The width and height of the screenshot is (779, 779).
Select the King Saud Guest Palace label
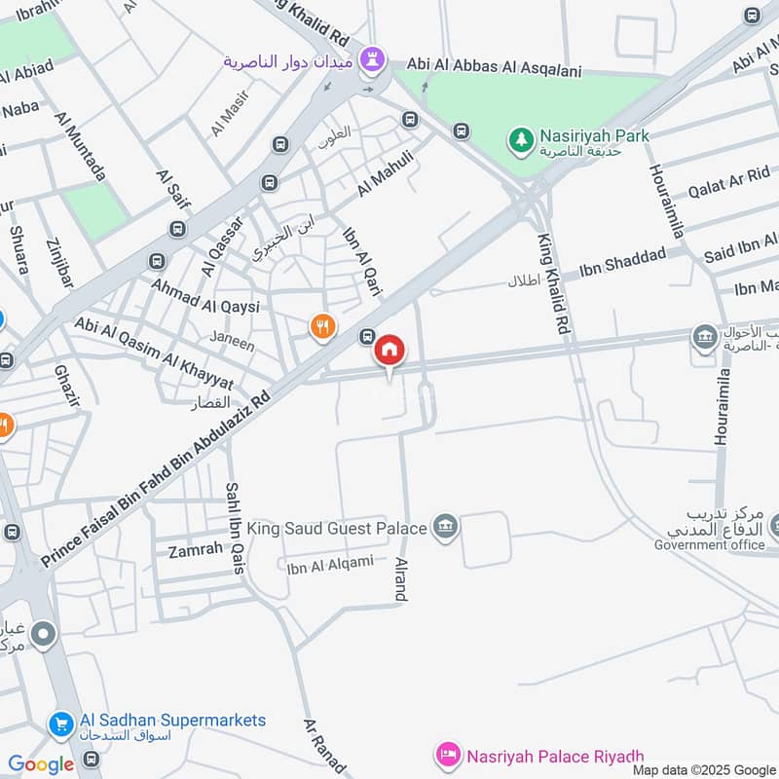pyautogui.click(x=337, y=529)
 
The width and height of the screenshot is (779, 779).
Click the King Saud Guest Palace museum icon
pyautogui.click(x=446, y=528)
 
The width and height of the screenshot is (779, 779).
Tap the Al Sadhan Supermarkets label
pyautogui.click(x=172, y=721)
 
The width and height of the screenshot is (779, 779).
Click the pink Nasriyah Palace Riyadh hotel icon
pyautogui.click(x=448, y=755)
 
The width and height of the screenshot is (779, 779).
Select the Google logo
pyautogui.click(x=40, y=764)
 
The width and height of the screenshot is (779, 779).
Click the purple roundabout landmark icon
pyautogui.click(x=371, y=59)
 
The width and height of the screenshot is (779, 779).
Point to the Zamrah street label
pyautogui.click(x=195, y=550)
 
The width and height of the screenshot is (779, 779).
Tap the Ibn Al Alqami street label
pyautogui.click(x=330, y=562)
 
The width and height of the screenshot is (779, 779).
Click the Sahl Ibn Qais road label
pyautogui.click(x=234, y=527)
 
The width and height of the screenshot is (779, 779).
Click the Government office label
pyautogui.click(x=709, y=545)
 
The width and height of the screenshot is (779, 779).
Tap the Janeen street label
pyautogui.click(x=234, y=345)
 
